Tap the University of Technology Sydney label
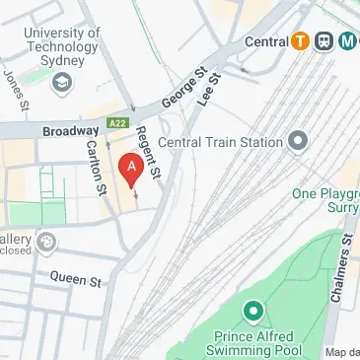[x=63, y=46]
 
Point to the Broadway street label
[x=71, y=130]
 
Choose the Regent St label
[x=149, y=153]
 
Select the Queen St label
[x=76, y=281]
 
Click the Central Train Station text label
[x=220, y=142]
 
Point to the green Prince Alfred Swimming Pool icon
[x=253, y=314]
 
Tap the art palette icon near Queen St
[x=46, y=242]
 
